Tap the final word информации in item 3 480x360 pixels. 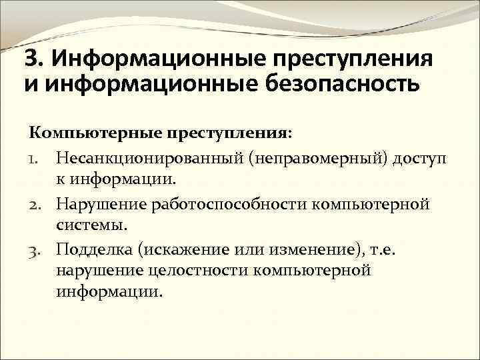[x=109, y=293]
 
